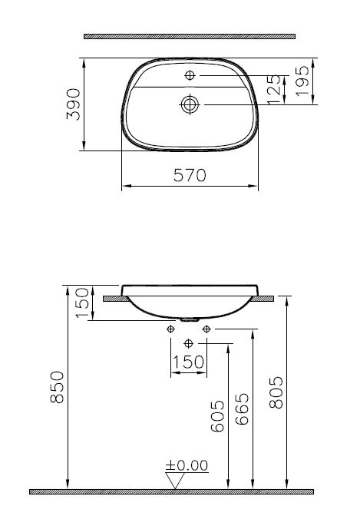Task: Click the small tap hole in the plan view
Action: click(x=190, y=75)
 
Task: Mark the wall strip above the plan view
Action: click(x=189, y=35)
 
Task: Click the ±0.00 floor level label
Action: click(x=187, y=465)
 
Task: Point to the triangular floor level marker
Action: click(x=176, y=480)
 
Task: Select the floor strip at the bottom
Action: click(x=172, y=491)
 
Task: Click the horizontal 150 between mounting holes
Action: click(x=188, y=362)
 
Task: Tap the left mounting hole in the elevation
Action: click(x=170, y=329)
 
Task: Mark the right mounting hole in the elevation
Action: click(x=206, y=329)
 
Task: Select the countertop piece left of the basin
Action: click(x=113, y=297)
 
